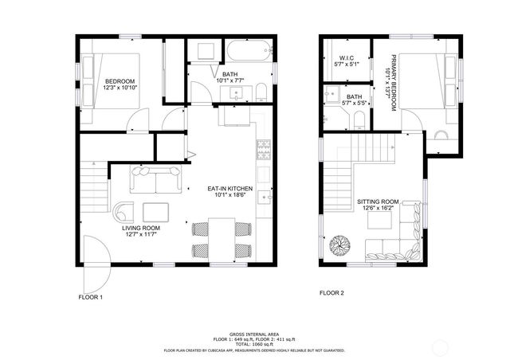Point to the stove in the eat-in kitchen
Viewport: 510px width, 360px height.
262,148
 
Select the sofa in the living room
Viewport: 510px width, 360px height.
156,181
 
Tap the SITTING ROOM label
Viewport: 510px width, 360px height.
377,202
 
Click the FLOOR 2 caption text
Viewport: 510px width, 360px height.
331,293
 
